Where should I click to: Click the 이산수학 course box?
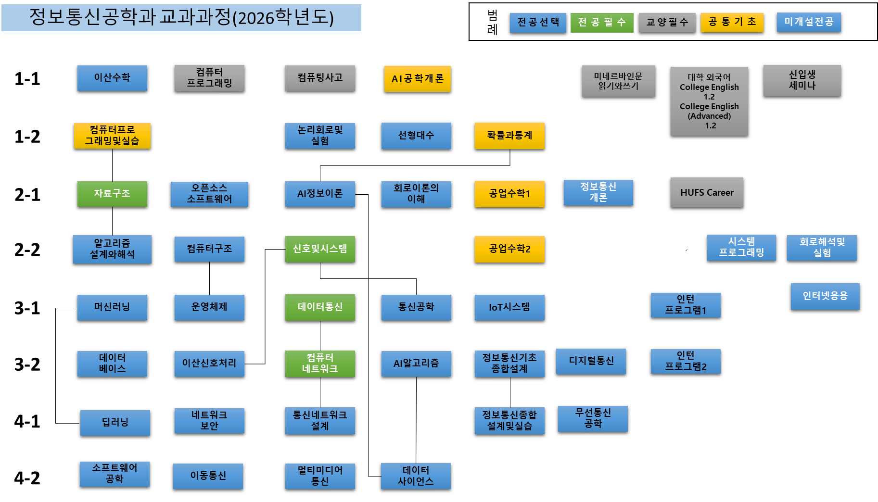click(112, 78)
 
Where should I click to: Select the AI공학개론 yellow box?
click(418, 79)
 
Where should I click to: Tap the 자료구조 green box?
click(112, 194)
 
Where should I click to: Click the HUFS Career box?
click(707, 193)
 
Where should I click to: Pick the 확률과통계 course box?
click(509, 136)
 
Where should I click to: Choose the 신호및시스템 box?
click(320, 249)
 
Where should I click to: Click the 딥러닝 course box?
click(115, 423)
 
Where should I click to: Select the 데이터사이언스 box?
click(416, 476)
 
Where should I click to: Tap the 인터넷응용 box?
click(825, 296)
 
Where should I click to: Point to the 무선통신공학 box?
click(593, 419)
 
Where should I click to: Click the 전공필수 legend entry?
click(602, 23)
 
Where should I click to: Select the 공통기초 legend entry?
click(732, 22)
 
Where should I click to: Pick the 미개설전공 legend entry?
click(809, 22)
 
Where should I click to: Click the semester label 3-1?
click(27, 308)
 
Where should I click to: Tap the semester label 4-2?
click(27, 478)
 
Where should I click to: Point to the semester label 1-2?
click(27, 137)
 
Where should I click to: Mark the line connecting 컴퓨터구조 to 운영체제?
click(209, 278)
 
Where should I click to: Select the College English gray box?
click(709, 101)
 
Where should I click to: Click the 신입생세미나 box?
click(802, 81)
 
